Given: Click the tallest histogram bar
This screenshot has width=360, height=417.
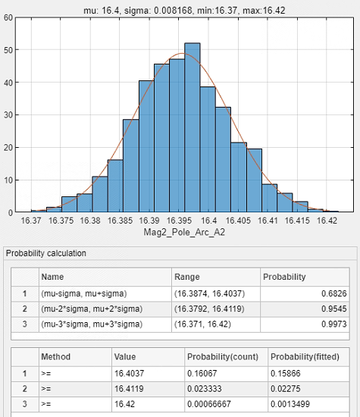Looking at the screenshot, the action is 193,127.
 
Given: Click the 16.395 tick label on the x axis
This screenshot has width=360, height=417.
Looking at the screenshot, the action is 179,221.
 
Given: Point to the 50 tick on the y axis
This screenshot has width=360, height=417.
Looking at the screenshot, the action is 8,50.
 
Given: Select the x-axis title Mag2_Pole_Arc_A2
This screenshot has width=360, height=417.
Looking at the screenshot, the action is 184,232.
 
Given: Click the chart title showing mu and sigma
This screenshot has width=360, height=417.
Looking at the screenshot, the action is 184,11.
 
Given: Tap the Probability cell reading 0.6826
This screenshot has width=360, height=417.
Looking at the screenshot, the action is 334,293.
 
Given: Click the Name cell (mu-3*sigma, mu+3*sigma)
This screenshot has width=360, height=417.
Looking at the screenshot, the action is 92,325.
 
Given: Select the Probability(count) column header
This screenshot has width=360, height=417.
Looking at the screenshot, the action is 223,356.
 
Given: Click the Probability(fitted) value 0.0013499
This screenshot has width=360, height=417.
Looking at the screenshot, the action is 290,404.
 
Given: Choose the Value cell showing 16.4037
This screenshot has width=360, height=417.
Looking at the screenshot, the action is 129,373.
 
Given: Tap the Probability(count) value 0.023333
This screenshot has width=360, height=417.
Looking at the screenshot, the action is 204,389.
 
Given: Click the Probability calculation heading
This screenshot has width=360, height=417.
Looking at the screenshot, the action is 46,253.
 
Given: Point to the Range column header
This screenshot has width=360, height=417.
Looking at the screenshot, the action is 187,277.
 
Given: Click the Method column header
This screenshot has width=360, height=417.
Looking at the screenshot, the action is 56,356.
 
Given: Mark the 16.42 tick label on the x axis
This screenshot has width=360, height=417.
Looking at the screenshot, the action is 327,221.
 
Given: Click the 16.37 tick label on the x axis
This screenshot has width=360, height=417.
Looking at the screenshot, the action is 31,221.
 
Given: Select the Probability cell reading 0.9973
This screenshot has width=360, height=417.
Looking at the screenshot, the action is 334,325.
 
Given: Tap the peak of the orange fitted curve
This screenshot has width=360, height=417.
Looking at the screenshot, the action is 182,54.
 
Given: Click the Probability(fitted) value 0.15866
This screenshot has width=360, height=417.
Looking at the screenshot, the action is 285,373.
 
